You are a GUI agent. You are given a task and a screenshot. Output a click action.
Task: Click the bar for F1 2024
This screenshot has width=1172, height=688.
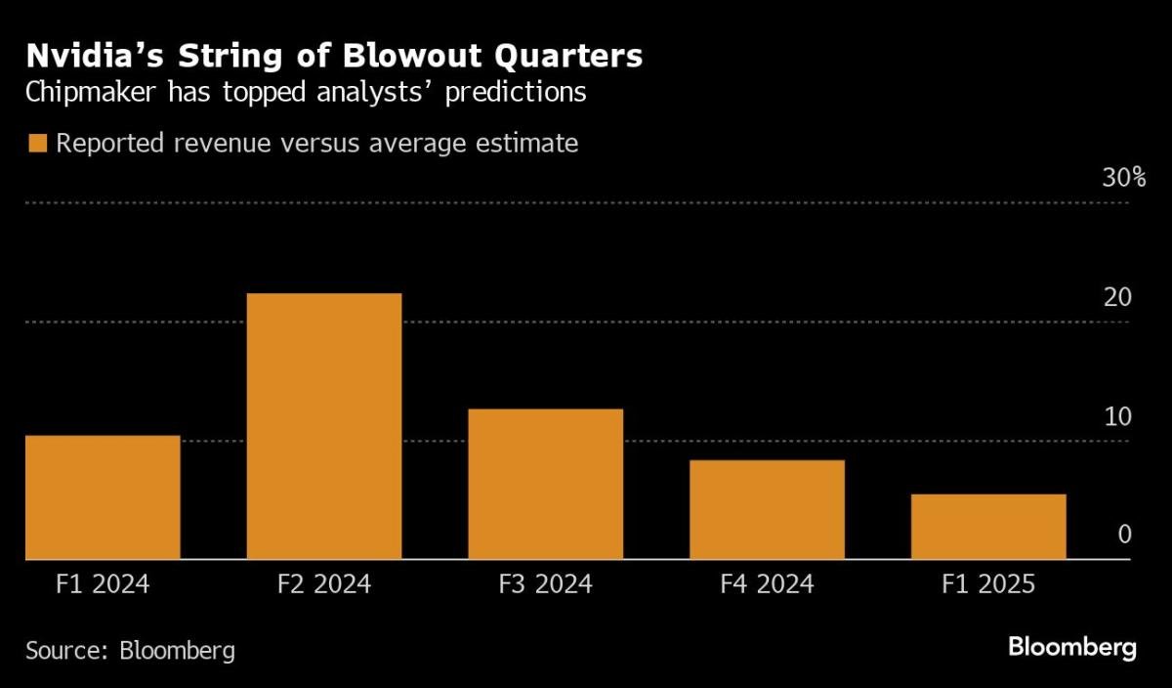103,497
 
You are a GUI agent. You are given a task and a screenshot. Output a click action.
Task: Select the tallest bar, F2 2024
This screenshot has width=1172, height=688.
324,426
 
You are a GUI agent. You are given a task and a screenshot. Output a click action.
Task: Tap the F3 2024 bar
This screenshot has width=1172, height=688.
545,484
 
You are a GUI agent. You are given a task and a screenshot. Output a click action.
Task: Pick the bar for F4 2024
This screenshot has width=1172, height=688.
767,509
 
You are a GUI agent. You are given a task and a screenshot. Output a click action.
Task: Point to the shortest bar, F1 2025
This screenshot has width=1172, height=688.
988,527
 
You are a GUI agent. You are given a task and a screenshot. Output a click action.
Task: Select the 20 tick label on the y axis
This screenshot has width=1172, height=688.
1117,298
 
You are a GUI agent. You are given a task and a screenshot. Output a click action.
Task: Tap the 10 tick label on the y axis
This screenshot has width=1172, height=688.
1117,417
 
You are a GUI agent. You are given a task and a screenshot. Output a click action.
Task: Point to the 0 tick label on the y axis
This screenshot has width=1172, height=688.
1124,535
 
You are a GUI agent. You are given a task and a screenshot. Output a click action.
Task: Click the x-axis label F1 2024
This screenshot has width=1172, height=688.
103,585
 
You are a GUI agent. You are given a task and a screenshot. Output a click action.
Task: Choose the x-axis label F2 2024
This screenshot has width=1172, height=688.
324,585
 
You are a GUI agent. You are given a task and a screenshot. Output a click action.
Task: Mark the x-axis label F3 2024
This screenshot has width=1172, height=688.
545,585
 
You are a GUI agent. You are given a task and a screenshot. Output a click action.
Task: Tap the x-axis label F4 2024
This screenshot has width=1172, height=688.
767,585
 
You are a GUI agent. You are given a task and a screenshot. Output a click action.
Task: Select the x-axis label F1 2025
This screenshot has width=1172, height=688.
988,585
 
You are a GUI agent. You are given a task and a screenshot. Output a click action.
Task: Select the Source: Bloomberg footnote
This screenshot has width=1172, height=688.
130,650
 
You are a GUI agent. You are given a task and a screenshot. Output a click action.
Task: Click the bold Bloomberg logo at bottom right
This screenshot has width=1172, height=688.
1071,647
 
